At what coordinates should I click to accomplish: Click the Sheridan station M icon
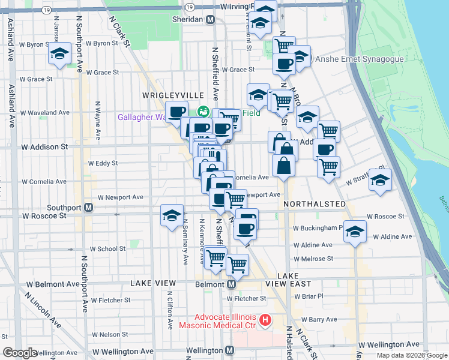click(x=210, y=19)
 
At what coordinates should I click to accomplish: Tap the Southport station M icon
click(x=88, y=208)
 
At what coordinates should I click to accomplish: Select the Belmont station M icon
click(x=231, y=283)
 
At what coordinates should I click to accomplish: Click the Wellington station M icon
click(x=230, y=350)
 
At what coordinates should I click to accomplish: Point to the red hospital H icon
click(x=264, y=322)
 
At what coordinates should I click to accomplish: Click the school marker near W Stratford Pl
click(x=380, y=180)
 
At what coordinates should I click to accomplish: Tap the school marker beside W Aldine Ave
click(x=355, y=232)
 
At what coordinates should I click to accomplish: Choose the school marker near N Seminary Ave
click(x=172, y=216)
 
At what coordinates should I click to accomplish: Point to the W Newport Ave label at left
click(x=121, y=197)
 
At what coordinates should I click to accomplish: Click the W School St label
click(x=108, y=248)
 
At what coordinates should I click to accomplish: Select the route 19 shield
click(x=189, y=6)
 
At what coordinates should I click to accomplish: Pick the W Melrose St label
click(x=313, y=259)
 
